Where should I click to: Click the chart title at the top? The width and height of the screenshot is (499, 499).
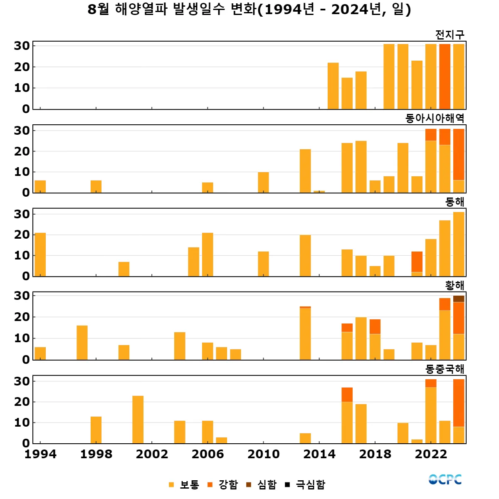click(x=249, y=9)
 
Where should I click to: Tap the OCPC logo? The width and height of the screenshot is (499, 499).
click(x=445, y=479)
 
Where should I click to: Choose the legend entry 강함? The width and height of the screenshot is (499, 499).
click(x=223, y=484)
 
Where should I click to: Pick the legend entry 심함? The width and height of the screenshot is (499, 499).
click(x=262, y=484)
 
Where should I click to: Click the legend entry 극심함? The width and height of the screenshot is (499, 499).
click(x=305, y=484)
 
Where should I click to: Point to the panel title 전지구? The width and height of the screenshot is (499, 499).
click(x=450, y=35)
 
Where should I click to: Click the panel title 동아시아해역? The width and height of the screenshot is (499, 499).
click(x=435, y=119)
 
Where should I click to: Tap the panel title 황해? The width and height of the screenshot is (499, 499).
click(x=455, y=285)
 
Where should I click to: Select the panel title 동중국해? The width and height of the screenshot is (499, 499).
click(x=445, y=369)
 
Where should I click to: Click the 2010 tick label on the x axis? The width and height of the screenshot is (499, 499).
click(x=263, y=454)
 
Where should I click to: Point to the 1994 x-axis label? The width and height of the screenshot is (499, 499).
click(x=40, y=454)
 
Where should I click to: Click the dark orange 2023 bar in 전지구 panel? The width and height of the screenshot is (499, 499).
click(x=445, y=77)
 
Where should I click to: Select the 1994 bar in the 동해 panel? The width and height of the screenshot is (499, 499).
click(x=40, y=254)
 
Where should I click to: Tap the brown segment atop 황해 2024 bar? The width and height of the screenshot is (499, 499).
click(x=459, y=299)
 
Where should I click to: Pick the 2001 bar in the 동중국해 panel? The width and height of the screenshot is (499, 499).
click(x=138, y=419)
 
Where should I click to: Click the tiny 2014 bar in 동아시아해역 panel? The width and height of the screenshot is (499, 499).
click(x=319, y=192)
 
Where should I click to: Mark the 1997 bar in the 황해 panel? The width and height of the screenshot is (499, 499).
click(x=82, y=343)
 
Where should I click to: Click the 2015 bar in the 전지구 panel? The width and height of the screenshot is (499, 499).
click(x=333, y=86)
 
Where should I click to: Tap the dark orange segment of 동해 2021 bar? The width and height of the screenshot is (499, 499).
click(x=417, y=262)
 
